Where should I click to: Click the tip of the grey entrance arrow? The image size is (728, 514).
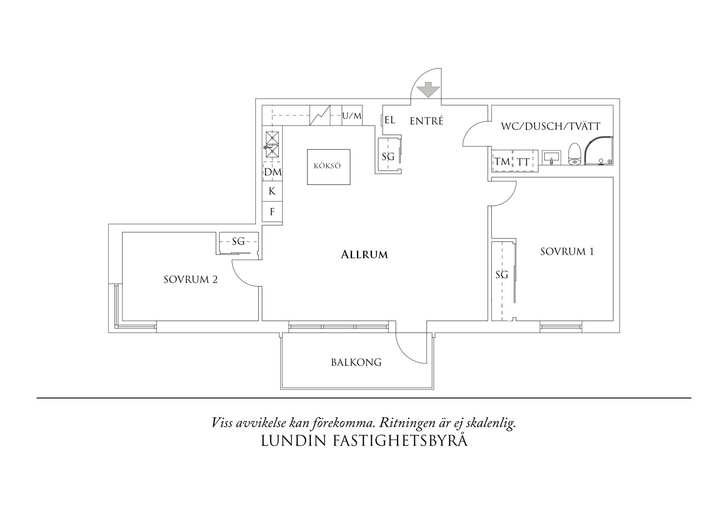pyautogui.click(x=428, y=98)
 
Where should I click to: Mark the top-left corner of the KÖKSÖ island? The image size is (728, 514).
pyautogui.click(x=307, y=150)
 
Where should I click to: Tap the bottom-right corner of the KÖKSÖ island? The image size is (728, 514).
pyautogui.click(x=350, y=184)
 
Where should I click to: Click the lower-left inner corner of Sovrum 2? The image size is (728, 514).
pyautogui.click(x=122, y=321)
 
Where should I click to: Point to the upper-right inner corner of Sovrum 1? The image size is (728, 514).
pyautogui.click(x=613, y=177)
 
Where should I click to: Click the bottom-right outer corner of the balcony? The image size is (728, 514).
pyautogui.click(x=435, y=390)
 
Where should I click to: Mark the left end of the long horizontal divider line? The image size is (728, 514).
pyautogui.click(x=37, y=398)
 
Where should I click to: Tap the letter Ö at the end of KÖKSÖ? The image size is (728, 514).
pyautogui.click(x=337, y=166)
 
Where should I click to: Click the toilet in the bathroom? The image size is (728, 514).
pyautogui.click(x=574, y=154)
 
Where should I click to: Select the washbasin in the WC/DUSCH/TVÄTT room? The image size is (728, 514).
pyautogui.click(x=551, y=158)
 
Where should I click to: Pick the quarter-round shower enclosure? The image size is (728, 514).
pyautogui.click(x=599, y=151)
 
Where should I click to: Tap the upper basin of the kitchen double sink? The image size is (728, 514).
pyautogui.click(x=272, y=137)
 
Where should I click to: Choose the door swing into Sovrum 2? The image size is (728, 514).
pyautogui.click(x=246, y=272)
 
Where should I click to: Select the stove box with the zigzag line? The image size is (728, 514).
pyautogui.click(x=320, y=115)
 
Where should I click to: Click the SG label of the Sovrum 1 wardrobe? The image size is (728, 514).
pyautogui.click(x=502, y=274)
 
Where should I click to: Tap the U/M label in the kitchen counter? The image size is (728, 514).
pyautogui.click(x=352, y=116)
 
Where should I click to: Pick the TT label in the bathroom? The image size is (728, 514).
pyautogui.click(x=523, y=162)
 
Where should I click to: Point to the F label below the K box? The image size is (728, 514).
pyautogui.click(x=272, y=212)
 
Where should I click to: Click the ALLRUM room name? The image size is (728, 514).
pyautogui.click(x=364, y=255)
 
